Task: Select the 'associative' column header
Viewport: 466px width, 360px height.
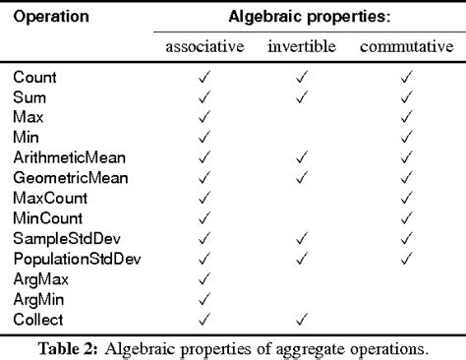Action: pyautogui.click(x=204, y=48)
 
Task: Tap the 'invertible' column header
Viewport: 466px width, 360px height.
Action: pyautogui.click(x=301, y=48)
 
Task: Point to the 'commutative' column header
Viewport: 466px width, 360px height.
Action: pyautogui.click(x=404, y=48)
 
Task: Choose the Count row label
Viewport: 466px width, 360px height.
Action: pyautogui.click(x=34, y=76)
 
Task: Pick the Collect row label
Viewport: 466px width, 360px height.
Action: pyautogui.click(x=38, y=320)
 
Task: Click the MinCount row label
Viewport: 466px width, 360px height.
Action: pyautogui.click(x=48, y=217)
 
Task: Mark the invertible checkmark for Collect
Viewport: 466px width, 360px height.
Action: pyautogui.click(x=301, y=320)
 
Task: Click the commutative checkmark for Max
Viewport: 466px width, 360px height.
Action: pyautogui.click(x=406, y=116)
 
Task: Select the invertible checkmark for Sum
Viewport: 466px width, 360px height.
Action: pyautogui.click(x=301, y=96)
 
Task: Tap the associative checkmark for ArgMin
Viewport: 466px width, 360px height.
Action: pyautogui.click(x=204, y=299)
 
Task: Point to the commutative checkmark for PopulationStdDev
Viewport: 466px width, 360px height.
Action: pyautogui.click(x=406, y=259)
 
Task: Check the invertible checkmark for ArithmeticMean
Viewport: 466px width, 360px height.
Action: pyautogui.click(x=301, y=157)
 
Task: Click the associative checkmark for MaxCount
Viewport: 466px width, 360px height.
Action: pyautogui.click(x=204, y=198)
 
